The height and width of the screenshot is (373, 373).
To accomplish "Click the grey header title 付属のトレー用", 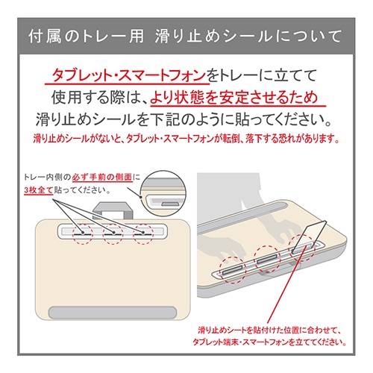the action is click(86, 37).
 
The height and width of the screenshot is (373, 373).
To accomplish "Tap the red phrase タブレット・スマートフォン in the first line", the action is click(129, 75).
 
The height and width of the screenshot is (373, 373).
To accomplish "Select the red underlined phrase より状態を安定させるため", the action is click(234, 97).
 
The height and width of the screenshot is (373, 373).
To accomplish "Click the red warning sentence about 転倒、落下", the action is click(186, 139).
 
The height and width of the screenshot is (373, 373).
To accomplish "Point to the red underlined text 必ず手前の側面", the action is click(102, 178).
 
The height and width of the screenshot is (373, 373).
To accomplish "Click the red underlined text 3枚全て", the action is click(39, 190).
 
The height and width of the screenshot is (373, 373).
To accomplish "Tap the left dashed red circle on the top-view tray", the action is click(83, 233).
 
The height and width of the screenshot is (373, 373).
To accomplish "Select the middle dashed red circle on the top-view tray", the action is click(113, 233).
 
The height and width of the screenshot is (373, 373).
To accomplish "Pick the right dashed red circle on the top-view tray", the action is click(143, 233).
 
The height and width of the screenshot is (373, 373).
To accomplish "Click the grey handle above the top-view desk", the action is click(113, 210).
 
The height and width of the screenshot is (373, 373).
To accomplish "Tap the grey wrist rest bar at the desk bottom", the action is click(113, 313).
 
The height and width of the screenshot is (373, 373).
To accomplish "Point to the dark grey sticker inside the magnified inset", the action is click(170, 204).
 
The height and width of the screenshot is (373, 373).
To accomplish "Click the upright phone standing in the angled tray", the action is click(309, 236).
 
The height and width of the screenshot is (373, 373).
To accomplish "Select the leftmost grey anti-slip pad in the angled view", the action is click(232, 270).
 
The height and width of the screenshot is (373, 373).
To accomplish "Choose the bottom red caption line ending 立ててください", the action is click(269, 342).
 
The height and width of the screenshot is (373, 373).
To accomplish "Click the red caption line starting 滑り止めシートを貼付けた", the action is click(269, 330).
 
